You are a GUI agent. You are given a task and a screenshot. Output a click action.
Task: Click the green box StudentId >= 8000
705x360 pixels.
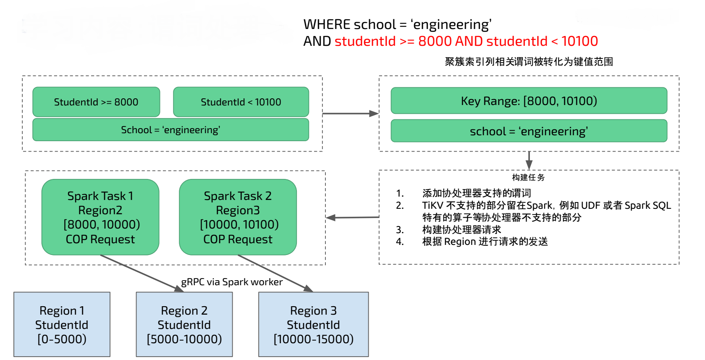[96, 102]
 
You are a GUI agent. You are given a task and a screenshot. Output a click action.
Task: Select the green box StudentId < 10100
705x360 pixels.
[241, 102]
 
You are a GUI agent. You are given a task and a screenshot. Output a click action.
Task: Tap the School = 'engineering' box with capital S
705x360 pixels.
[170, 130]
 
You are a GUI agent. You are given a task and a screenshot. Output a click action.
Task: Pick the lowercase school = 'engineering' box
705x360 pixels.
[529, 131]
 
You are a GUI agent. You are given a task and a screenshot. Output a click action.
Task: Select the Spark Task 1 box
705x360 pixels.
[100, 217]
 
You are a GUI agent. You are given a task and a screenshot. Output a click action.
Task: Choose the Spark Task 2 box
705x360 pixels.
[238, 217]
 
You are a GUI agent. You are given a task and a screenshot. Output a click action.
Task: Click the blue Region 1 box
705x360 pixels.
[62, 324]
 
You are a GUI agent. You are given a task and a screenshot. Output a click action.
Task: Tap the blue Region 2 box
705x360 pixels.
[184, 324]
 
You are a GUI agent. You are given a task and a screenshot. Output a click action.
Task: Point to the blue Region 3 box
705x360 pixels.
[313, 324]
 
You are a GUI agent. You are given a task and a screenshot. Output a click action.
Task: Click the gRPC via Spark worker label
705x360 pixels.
[232, 282]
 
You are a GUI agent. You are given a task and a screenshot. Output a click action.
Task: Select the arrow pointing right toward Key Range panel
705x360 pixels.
[350, 113]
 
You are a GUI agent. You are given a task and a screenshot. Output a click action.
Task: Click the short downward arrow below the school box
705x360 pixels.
[529, 160]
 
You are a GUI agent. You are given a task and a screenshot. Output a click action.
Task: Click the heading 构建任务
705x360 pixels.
[528, 177]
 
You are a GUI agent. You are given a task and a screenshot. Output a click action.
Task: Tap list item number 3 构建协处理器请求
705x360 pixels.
[461, 230]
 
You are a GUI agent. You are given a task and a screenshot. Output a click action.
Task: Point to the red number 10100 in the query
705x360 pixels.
[579, 41]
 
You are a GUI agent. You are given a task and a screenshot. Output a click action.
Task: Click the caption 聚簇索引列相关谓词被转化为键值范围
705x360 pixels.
[529, 62]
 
